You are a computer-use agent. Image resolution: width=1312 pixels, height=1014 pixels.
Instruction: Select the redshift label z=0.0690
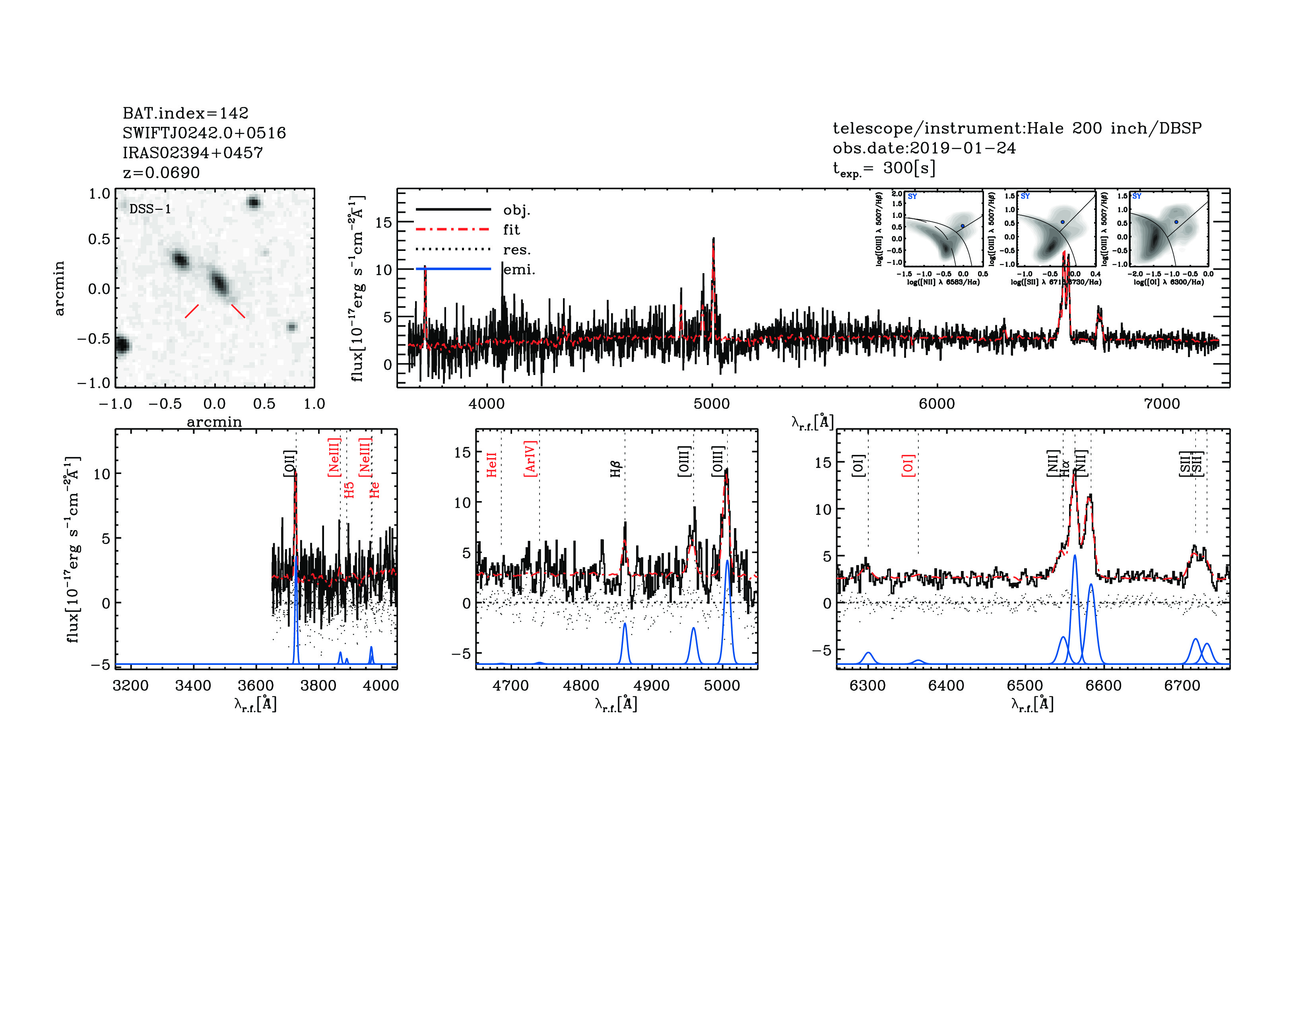(161, 173)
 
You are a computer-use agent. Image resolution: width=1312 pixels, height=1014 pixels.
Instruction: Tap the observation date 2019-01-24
(963, 148)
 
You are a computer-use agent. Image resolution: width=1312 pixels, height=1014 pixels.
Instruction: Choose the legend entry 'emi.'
(519, 270)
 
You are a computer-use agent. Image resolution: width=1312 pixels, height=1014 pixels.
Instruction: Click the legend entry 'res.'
(516, 250)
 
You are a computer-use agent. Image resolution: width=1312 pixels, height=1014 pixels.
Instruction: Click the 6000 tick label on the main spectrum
(937, 404)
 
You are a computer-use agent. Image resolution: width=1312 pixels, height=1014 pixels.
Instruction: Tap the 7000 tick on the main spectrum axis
(1162, 404)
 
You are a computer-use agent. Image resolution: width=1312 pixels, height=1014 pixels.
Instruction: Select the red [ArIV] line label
(530, 459)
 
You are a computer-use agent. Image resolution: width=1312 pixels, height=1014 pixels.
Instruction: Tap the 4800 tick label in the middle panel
(581, 686)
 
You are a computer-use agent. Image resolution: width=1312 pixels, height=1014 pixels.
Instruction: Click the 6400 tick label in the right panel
(946, 686)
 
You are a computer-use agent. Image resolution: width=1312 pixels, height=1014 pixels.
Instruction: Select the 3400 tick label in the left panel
(193, 686)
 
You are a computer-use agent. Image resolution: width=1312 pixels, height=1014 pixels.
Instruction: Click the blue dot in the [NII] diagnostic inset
(963, 226)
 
